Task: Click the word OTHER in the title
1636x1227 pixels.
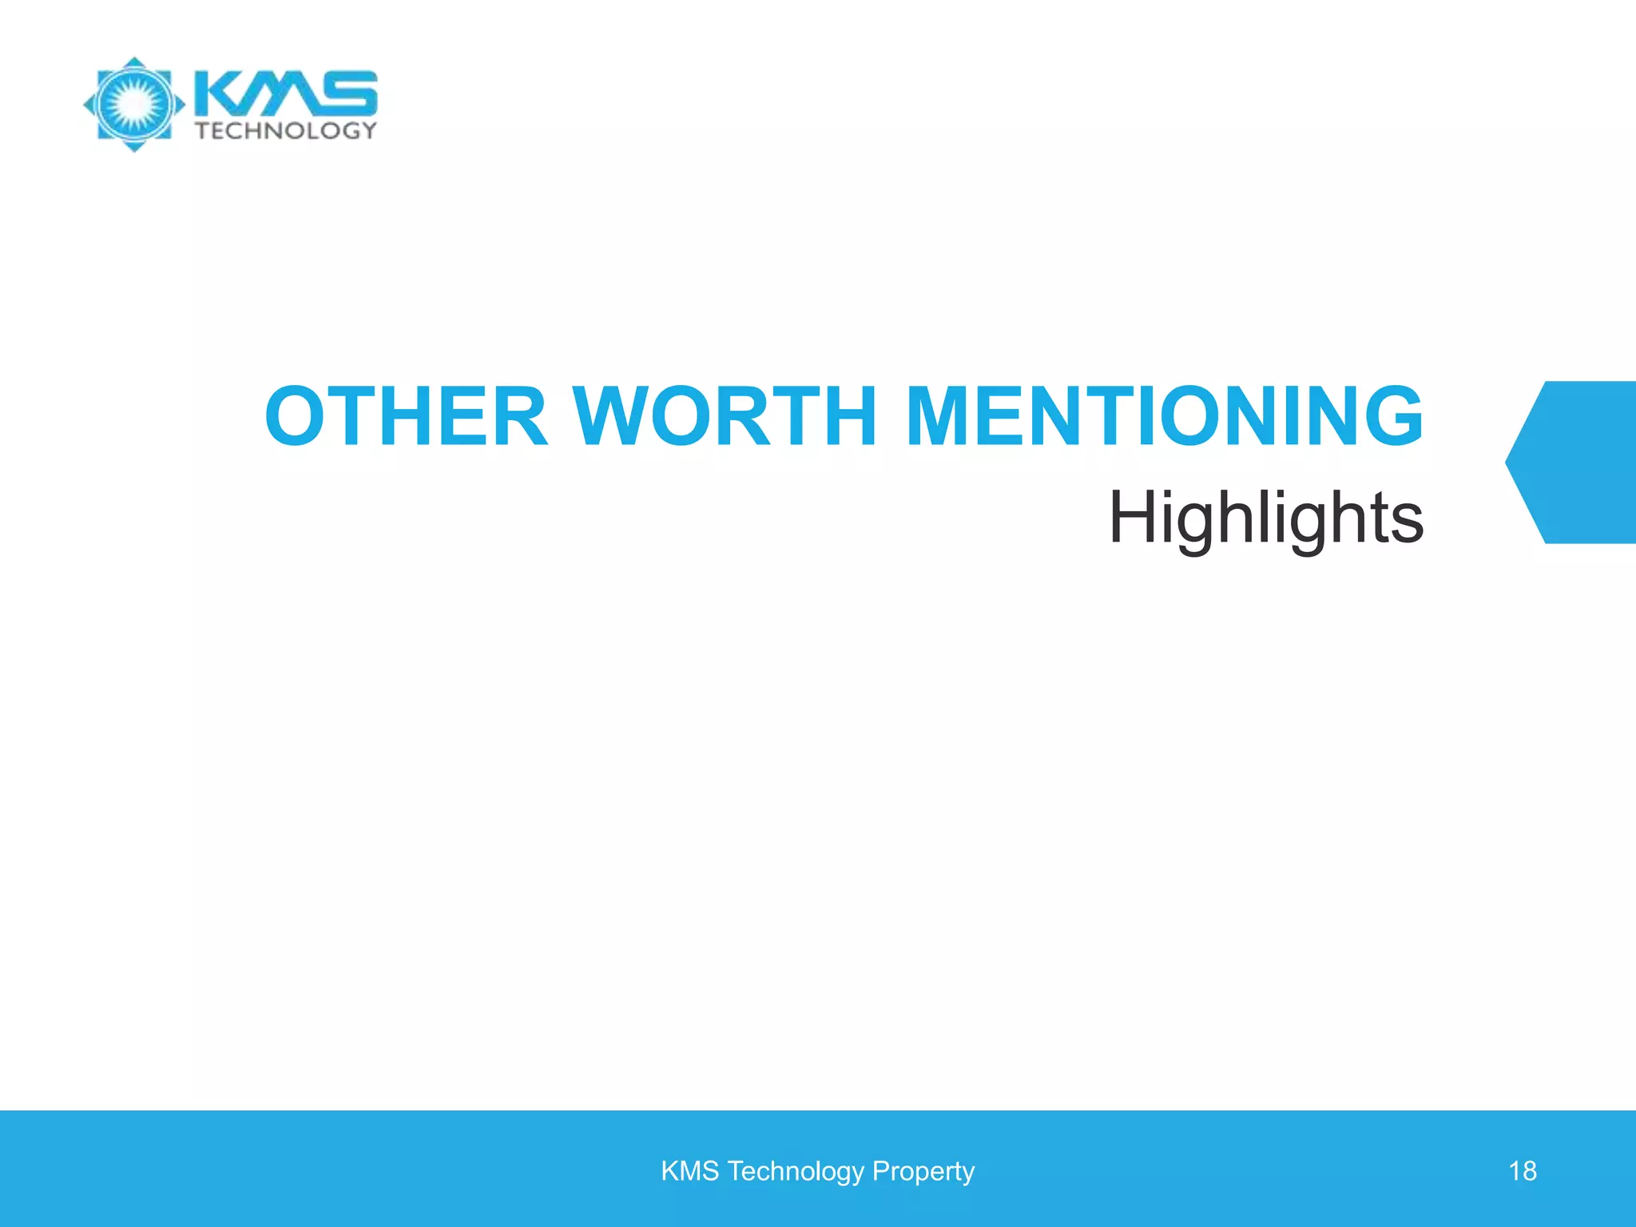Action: click(407, 416)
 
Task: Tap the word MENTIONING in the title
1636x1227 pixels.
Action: click(1164, 416)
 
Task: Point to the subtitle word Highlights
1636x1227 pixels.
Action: click(1265, 518)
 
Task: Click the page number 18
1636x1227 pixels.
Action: click(1522, 1171)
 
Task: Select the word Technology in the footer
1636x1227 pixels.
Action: click(796, 1171)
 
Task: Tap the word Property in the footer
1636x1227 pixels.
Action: click(923, 1171)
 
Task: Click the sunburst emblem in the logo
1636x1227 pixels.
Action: click(134, 104)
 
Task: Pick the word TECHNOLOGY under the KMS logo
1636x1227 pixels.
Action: click(286, 130)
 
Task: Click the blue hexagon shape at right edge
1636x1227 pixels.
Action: click(1578, 463)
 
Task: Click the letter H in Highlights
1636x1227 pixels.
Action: click(1134, 518)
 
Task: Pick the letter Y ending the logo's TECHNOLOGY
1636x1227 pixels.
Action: click(367, 130)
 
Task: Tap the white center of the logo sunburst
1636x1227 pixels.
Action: click(134, 104)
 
